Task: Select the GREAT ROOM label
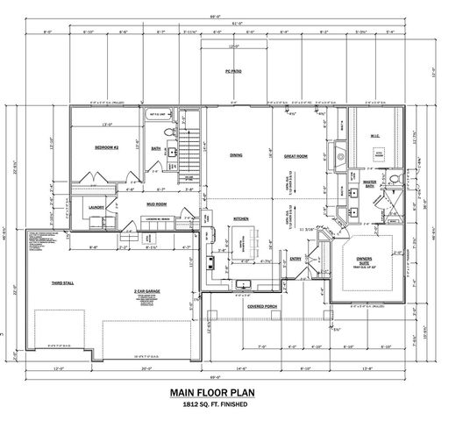[296, 156]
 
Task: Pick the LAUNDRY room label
[97, 207]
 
